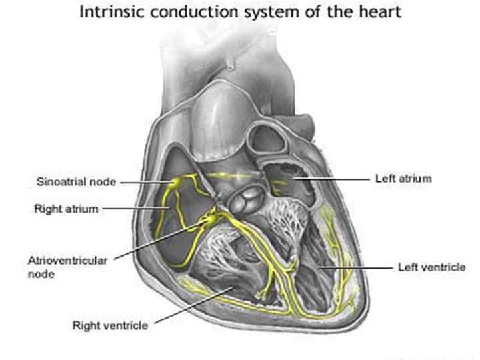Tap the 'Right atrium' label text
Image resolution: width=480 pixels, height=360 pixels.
[x=66, y=209]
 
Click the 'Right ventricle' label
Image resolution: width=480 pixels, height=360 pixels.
[x=110, y=325]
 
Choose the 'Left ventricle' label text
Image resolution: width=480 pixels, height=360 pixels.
[x=431, y=267]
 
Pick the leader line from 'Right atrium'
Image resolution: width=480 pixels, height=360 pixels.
[x=133, y=209]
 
